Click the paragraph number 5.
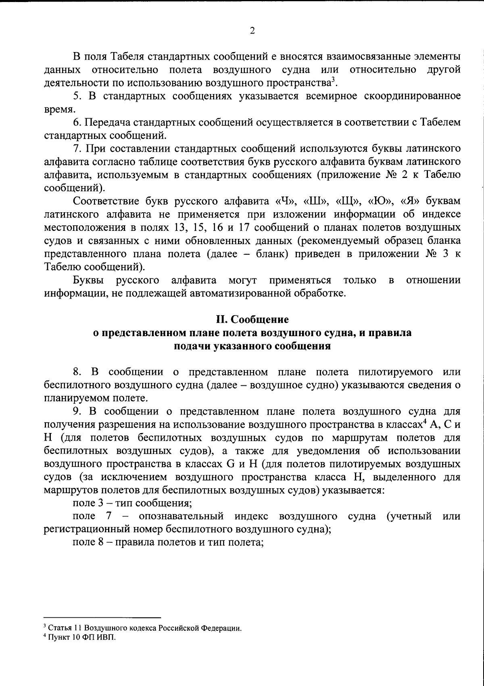click(75, 96)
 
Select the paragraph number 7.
click(76, 149)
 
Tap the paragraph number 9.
click(76, 412)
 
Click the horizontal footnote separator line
click(102, 618)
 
